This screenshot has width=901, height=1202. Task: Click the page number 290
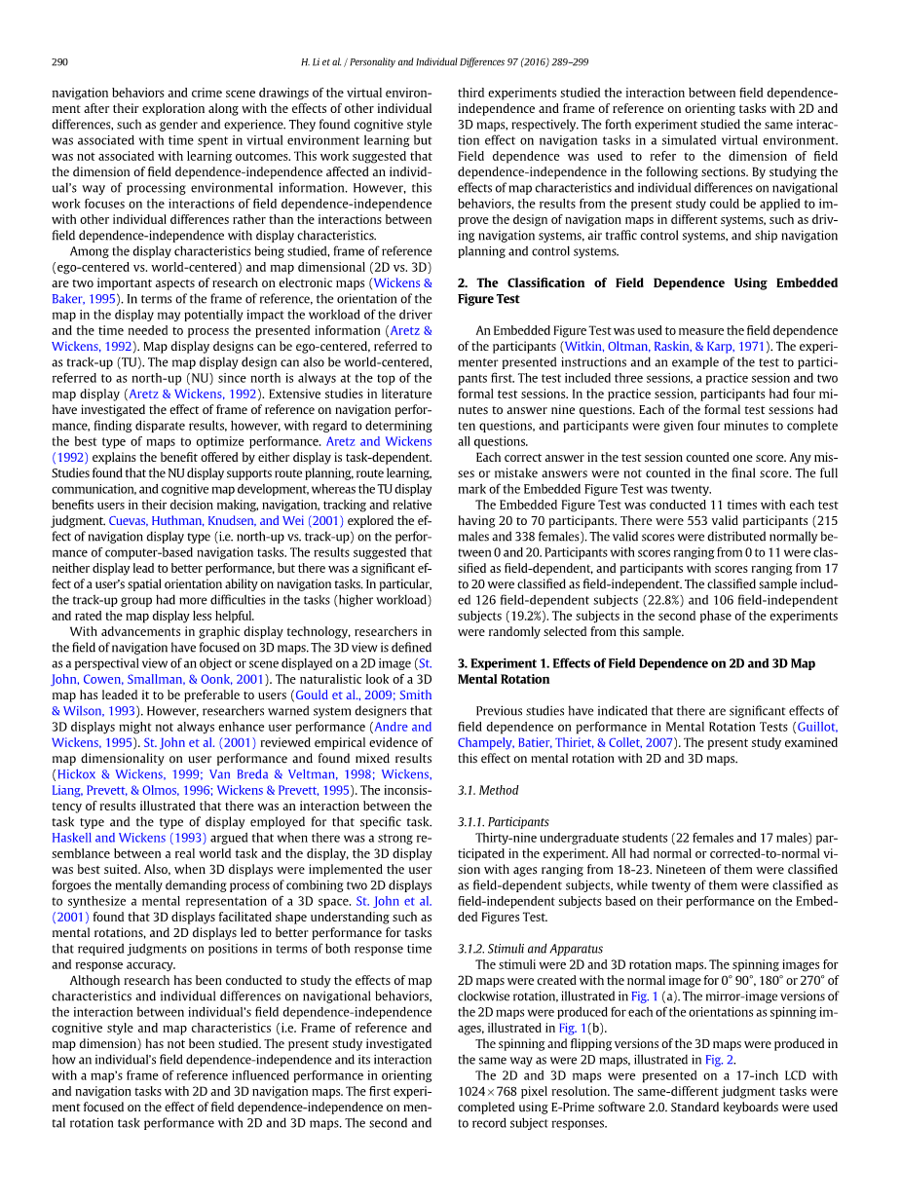pyautogui.click(x=59, y=62)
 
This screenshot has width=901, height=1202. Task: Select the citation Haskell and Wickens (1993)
pyautogui.click(x=129, y=838)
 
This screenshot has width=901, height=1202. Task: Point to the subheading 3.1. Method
pyautogui.click(x=488, y=790)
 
